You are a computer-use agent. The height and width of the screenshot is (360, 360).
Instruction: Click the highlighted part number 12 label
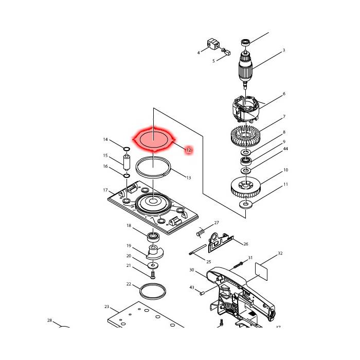click(x=189, y=150)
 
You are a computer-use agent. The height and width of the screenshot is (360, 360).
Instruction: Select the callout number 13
click(x=189, y=178)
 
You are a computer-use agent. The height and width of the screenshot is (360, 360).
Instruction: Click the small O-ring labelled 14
click(x=127, y=149)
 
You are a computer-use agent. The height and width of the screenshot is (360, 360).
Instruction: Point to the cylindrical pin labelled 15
click(x=127, y=163)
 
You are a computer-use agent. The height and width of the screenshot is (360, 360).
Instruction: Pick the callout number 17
click(x=105, y=190)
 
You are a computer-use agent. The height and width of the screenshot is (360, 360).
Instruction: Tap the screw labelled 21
click(x=153, y=275)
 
